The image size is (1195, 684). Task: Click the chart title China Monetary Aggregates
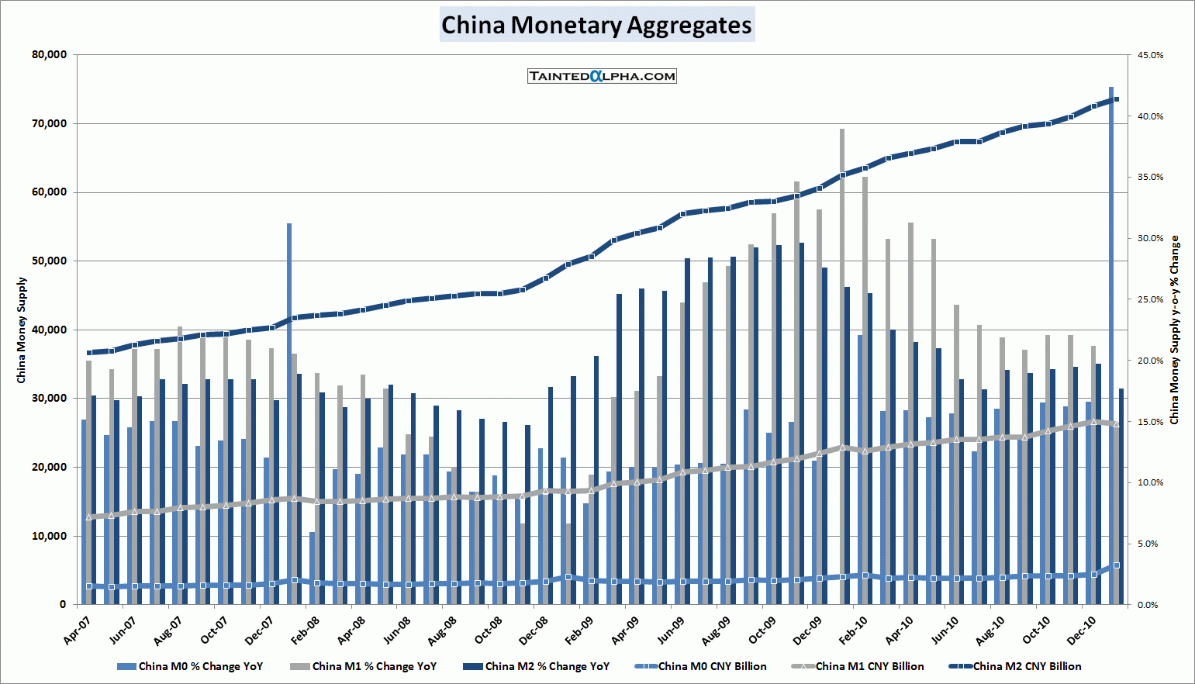[x=596, y=25]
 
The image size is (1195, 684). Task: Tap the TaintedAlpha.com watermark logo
[x=602, y=76]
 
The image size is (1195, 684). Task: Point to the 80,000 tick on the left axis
[x=50, y=55]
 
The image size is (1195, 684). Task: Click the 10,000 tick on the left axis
[x=50, y=536]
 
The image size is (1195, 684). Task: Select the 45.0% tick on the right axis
[x=1150, y=56]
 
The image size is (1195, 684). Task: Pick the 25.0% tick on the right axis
[x=1150, y=299]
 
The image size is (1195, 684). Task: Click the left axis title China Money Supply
[x=22, y=330]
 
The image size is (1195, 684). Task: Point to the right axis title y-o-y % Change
[x=1174, y=330]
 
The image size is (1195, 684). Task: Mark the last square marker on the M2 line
[x=1116, y=99]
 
